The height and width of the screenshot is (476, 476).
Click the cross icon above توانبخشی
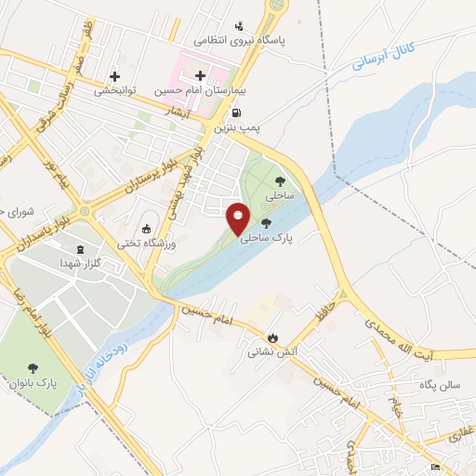click(114, 76)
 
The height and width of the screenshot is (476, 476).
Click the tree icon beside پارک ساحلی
click(267, 223)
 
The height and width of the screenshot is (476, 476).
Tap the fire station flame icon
click(271, 338)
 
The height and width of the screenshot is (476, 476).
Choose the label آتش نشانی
click(271, 353)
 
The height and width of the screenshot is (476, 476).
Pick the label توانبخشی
click(116, 90)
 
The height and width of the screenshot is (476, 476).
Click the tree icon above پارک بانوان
click(34, 368)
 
